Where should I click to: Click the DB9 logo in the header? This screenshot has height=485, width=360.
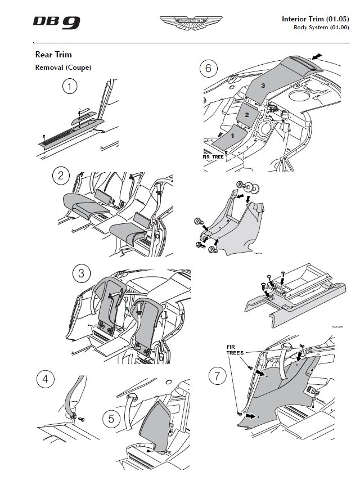[56, 22]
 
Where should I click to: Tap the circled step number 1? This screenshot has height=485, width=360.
[70, 87]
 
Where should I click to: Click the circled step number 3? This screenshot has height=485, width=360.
[82, 274]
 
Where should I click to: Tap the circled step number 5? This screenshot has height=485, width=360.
[111, 419]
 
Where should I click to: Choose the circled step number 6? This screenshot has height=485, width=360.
[208, 69]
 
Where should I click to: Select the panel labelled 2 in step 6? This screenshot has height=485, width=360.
[246, 114]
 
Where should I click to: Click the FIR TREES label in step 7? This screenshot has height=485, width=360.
[236, 350]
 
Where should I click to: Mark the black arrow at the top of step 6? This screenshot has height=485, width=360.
[317, 57]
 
